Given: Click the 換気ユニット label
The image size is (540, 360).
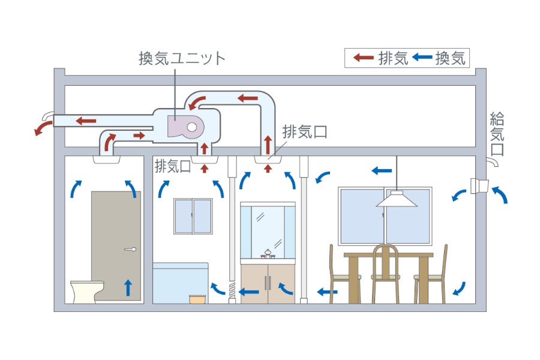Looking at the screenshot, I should coord(181,59).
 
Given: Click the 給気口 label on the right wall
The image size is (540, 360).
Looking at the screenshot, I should coord(497,133).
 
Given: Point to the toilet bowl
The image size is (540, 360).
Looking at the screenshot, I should coord(83,290).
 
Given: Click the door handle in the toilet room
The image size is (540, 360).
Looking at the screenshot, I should coord(130,249).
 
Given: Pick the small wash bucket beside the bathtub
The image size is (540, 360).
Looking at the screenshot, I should coord(197,299).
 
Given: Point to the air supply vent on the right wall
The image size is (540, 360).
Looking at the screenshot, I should coord(480,187).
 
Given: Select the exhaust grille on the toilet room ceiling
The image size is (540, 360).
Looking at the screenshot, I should coord(108,160).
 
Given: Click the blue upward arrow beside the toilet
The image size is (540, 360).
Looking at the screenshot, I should coord(128,287).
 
